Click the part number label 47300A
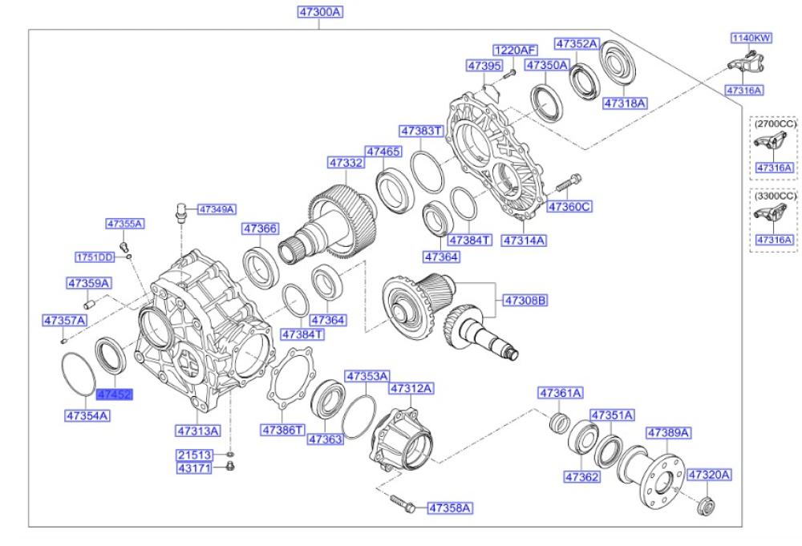tap(319, 12)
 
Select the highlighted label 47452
tap(114, 394)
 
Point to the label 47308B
tap(525, 301)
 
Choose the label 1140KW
tap(750, 38)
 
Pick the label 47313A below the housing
tap(198, 431)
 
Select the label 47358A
tap(449, 508)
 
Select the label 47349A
tap(217, 209)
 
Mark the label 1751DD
tap(95, 257)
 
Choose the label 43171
tap(194, 467)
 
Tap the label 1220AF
tap(512, 49)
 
